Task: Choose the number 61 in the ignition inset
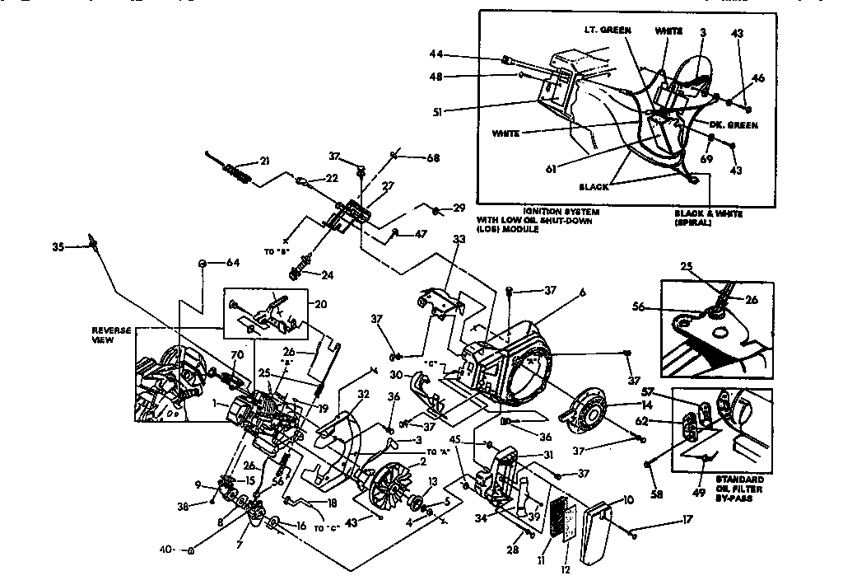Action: (552, 169)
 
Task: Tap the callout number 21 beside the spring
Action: (263, 161)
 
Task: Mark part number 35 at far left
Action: (58, 245)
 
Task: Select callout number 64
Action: (233, 264)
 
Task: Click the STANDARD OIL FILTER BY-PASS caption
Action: (739, 489)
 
